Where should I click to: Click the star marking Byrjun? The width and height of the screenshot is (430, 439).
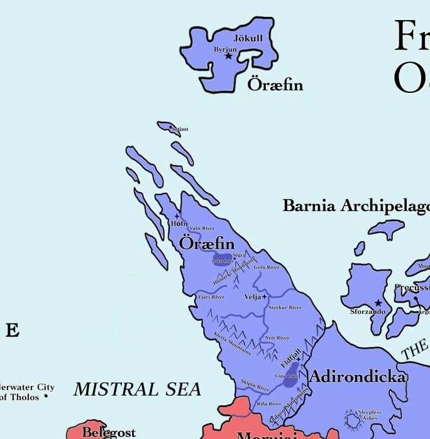(228, 57)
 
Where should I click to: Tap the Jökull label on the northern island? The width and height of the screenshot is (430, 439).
(248, 38)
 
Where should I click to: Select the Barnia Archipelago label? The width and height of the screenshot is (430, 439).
(356, 206)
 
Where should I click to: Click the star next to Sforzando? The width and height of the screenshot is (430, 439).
(378, 303)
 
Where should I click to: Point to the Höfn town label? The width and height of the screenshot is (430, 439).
(179, 224)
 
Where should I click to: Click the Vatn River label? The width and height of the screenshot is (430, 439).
(202, 229)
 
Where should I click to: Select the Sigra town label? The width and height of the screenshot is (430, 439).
(240, 256)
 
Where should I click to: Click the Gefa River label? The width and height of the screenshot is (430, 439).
(267, 268)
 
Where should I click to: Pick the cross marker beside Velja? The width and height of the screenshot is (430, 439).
(265, 296)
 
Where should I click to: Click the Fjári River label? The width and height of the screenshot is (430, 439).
(211, 297)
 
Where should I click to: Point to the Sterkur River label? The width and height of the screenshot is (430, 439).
(285, 308)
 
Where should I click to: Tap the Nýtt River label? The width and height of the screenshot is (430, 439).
(277, 338)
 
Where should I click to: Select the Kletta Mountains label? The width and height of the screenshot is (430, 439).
(232, 344)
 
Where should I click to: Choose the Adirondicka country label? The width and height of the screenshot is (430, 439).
(357, 377)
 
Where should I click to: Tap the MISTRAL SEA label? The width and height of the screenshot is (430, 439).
(137, 389)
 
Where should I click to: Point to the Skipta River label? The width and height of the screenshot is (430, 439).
(255, 385)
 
